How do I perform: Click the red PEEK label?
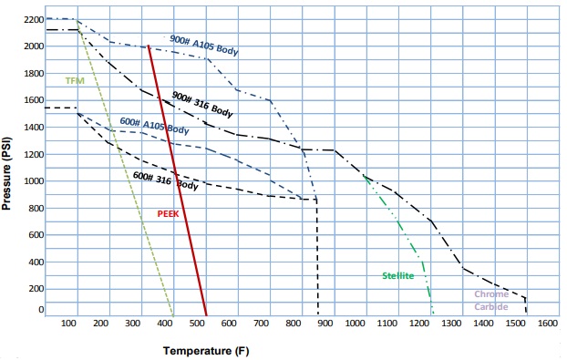pos(167,214)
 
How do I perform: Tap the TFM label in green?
pos(74,81)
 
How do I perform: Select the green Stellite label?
pos(398,274)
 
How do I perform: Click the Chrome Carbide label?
pos(491,300)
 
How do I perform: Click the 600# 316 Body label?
pos(165,180)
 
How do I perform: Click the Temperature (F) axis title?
pos(205,350)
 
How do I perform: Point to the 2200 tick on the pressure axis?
pos(32,19)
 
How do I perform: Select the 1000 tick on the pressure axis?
pos(32,180)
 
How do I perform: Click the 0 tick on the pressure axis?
pos(39,310)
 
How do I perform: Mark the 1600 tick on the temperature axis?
pos(548,323)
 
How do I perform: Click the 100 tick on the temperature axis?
pos(68,323)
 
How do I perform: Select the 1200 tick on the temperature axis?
pos(420,323)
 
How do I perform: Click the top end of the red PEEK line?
pos(148,45)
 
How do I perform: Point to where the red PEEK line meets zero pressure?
pos(206,314)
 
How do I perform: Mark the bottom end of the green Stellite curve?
pos(433,314)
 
